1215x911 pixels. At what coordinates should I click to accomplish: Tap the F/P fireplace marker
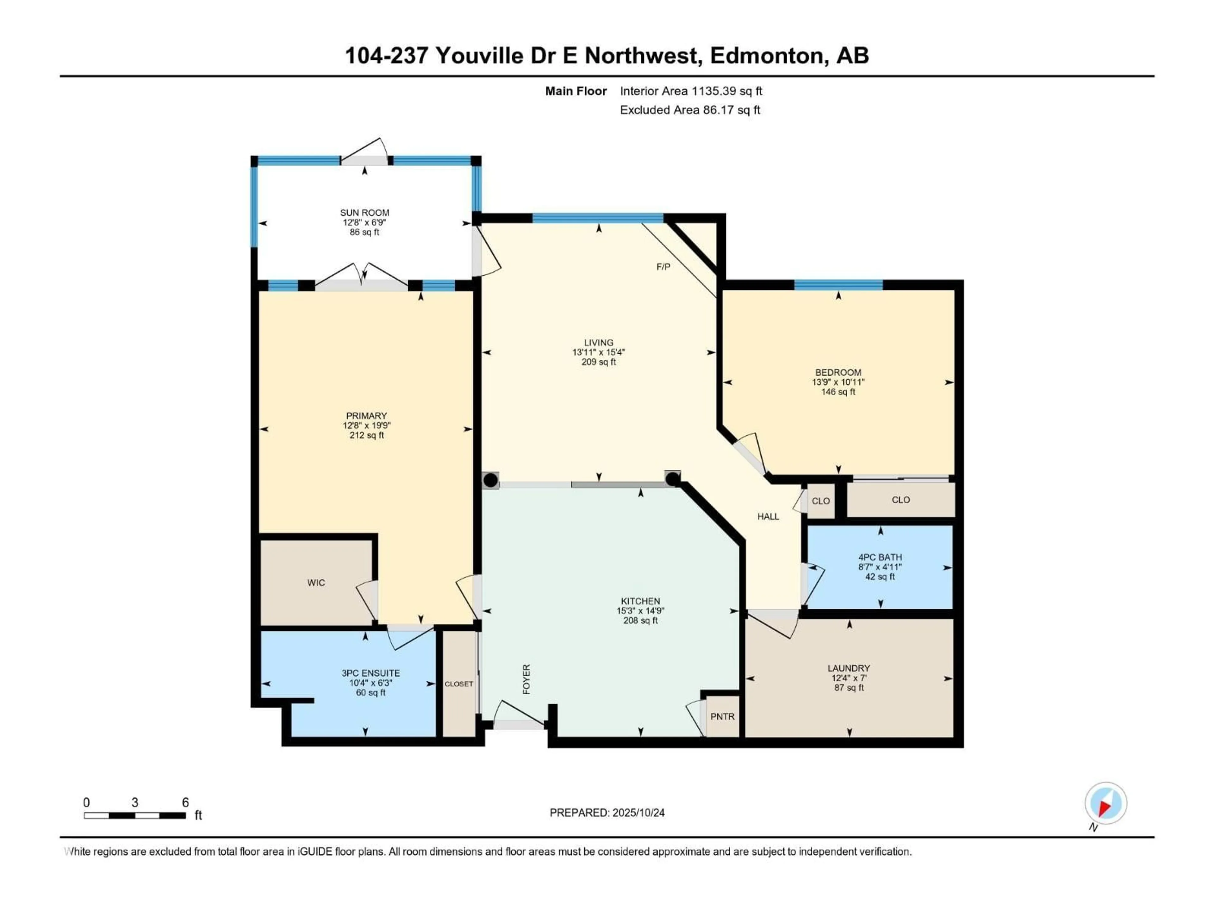663,267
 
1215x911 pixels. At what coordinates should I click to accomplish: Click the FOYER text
526,679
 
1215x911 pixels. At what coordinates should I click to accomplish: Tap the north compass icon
1106,803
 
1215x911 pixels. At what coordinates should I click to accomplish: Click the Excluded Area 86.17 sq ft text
689,110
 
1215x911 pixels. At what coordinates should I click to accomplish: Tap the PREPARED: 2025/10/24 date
607,813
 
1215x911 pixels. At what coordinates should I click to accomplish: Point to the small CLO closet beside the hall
821,501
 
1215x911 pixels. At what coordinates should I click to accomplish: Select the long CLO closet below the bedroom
901,500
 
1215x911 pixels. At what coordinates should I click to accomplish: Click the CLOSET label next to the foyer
459,684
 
